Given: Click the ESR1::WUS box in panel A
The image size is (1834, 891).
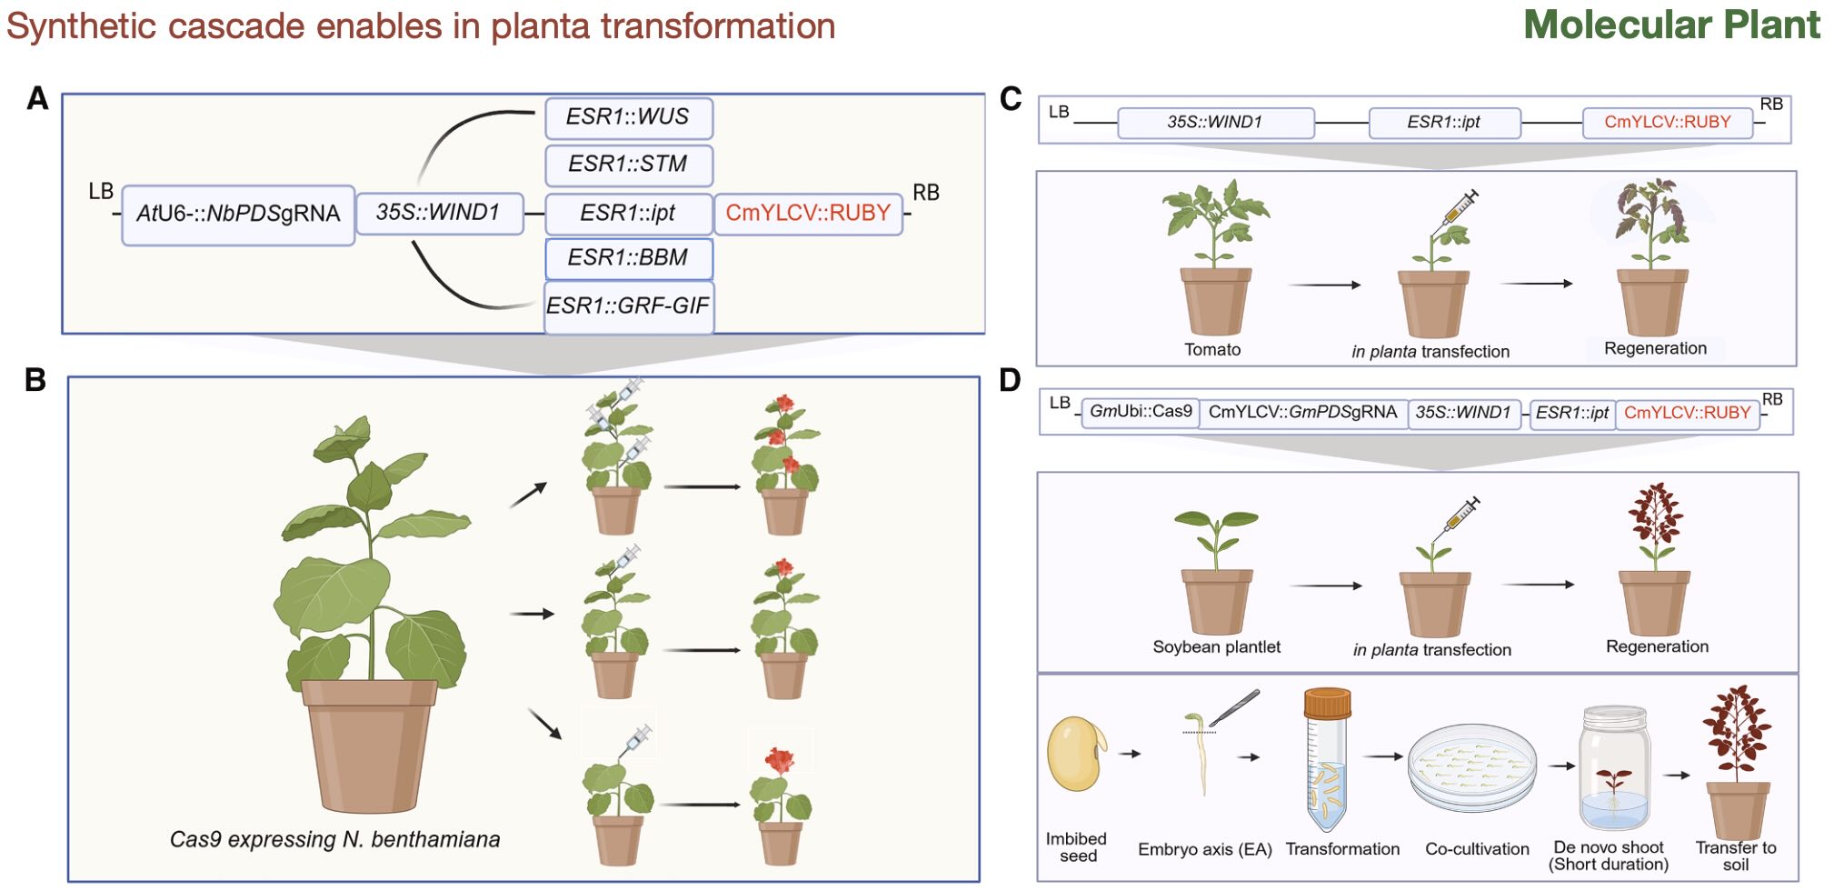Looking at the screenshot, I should point(628,118).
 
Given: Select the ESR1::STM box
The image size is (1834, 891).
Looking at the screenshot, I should point(628,165).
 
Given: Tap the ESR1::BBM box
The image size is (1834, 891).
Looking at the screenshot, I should point(628,258).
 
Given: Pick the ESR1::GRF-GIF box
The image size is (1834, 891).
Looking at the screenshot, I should point(628,306).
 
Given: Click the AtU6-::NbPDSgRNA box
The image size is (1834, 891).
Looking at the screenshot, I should point(237,215).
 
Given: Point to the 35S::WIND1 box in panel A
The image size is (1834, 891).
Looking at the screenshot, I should point(439,213).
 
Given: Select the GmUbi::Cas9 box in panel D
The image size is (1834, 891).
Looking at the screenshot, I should point(1140,412).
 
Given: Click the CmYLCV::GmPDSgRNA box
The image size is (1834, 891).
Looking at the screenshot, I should point(1302,412).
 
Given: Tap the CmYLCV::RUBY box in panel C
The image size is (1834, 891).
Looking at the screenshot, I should point(1667,123).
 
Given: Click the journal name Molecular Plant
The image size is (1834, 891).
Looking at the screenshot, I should point(1671,25).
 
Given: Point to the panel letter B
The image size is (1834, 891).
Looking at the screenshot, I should point(35,379).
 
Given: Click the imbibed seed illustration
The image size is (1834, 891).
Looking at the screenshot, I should point(1075,754).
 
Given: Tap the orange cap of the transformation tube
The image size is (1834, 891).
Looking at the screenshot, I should point(1327,702).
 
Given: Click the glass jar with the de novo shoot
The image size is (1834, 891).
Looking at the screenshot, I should point(1613,768).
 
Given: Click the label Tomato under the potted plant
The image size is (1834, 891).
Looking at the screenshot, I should point(1211,350).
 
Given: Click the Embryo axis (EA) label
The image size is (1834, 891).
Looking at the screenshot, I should point(1204,849).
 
